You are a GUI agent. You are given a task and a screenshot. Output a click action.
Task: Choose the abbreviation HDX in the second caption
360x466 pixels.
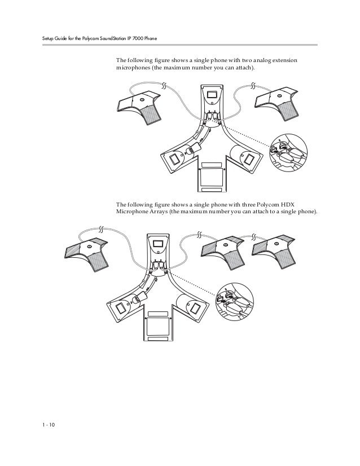tap(300, 204)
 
